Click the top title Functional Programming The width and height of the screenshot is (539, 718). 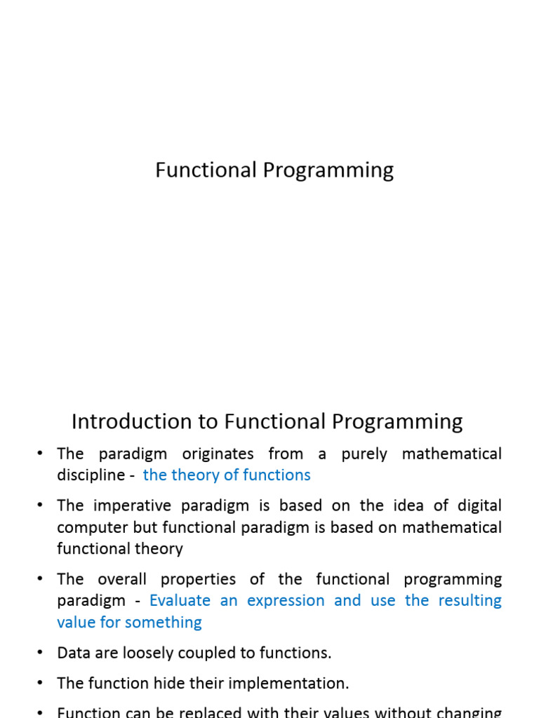[x=274, y=170]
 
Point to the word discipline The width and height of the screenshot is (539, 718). [x=91, y=475]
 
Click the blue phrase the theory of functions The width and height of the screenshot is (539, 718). [x=227, y=475]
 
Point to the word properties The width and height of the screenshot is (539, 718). [x=197, y=579]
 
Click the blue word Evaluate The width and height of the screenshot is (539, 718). [x=180, y=601]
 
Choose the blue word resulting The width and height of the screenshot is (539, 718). [x=470, y=601]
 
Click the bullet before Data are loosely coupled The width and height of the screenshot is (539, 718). [x=40, y=653]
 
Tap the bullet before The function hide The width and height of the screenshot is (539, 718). [x=40, y=683]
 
